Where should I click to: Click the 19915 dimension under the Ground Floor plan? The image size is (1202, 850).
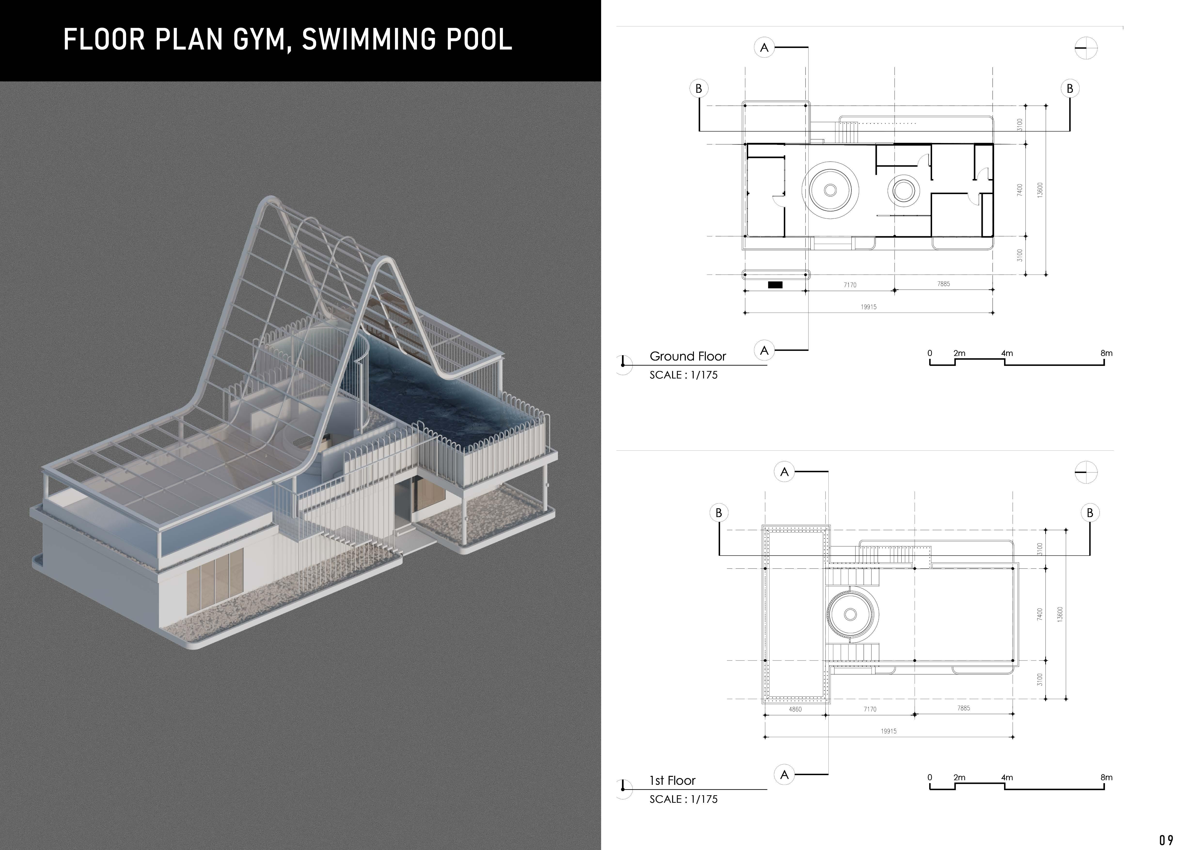(869, 307)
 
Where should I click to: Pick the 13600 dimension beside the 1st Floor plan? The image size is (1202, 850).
(1060, 614)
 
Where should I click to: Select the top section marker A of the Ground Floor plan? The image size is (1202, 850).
(764, 48)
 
